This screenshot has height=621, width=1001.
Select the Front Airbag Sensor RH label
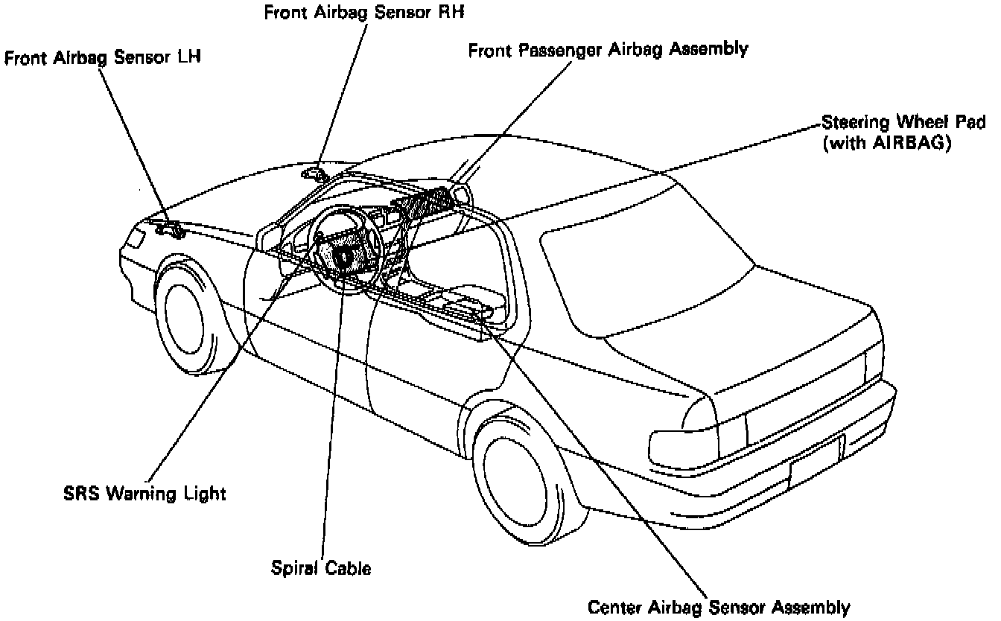click(367, 12)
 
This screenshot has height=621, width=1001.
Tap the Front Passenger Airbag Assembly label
click(608, 50)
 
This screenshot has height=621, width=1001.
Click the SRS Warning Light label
click(144, 493)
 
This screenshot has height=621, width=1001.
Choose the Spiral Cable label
click(321, 568)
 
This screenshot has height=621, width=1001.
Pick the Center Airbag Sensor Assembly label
click(719, 607)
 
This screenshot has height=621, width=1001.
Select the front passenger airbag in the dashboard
click(425, 201)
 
